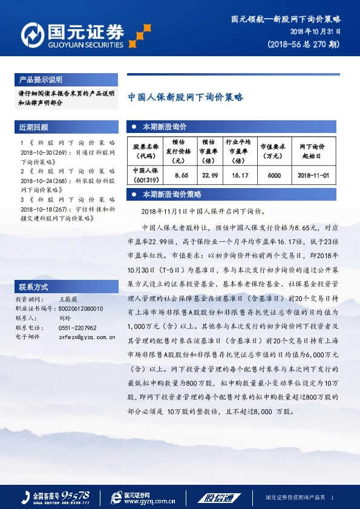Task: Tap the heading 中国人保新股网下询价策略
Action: [186, 97]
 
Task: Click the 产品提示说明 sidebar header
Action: [41, 80]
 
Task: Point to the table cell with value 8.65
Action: [182, 175]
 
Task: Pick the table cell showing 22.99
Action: [209, 175]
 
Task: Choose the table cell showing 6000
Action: [274, 175]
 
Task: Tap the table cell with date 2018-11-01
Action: [313, 175]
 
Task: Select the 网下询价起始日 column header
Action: [313, 151]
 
